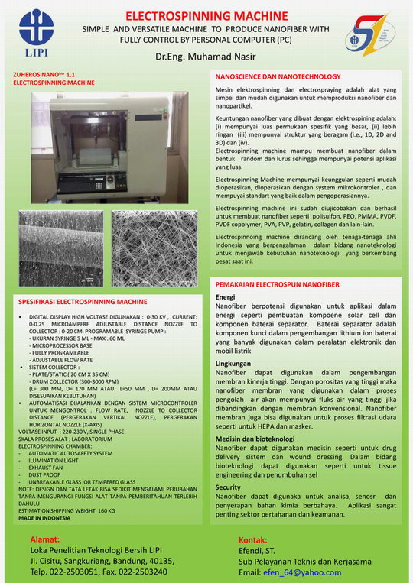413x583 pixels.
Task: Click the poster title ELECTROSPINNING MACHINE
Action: (x=206, y=15)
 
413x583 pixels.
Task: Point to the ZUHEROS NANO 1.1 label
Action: (x=39, y=73)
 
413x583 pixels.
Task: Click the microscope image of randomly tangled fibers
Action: (x=154, y=246)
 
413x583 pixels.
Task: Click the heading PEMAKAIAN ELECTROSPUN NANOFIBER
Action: (x=278, y=284)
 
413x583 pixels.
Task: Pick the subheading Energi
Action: (x=226, y=296)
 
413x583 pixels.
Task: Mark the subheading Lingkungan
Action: (x=232, y=364)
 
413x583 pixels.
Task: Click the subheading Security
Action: (x=229, y=487)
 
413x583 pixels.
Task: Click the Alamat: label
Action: (x=47, y=539)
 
